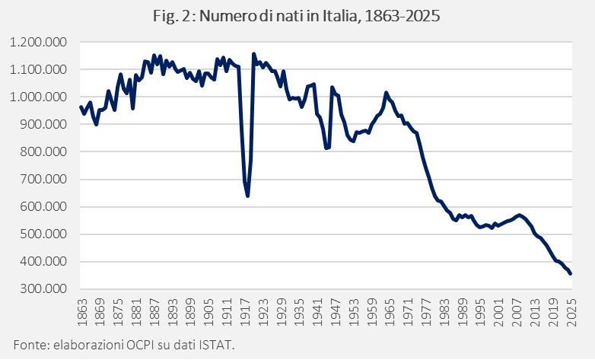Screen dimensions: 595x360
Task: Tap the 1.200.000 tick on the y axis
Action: [38, 42]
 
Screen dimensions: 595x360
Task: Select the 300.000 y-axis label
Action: [43, 289]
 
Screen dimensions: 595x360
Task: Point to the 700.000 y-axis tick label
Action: [43, 180]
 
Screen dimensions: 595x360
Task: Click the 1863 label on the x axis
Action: [82, 312]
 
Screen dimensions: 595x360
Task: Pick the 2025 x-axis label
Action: [571, 312]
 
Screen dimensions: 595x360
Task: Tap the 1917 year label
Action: [245, 312]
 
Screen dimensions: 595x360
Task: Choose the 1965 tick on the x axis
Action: [390, 312]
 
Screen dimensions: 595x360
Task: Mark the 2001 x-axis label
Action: [498, 312]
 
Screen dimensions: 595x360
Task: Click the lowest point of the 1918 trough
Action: [247, 196]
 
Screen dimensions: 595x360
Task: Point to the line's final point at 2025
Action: [571, 274]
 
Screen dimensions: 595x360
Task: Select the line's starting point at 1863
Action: [81, 107]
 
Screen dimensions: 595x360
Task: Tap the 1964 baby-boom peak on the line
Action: [386, 92]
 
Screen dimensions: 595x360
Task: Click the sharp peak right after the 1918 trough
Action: [253, 54]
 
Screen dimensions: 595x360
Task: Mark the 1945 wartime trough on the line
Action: [326, 148]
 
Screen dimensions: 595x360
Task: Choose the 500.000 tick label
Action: [43, 234]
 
